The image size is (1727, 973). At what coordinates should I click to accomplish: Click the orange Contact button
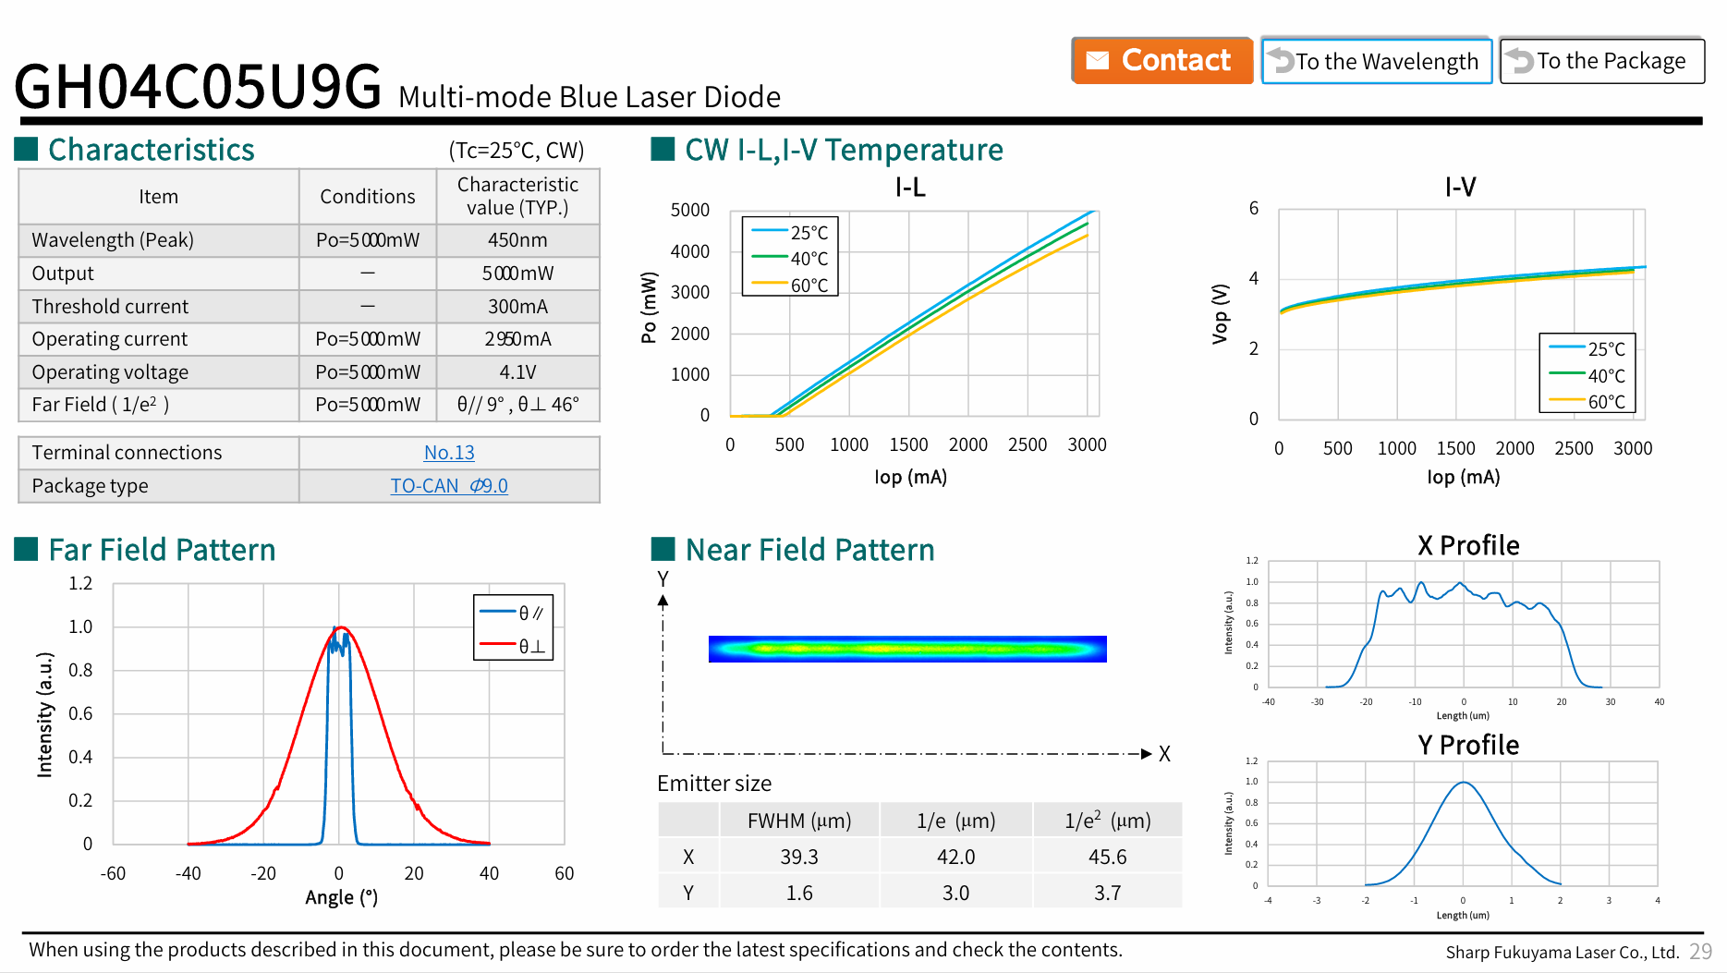coord(1161,61)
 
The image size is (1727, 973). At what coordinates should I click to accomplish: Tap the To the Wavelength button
coord(1376,61)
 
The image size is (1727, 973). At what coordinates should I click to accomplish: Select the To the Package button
coord(1601,61)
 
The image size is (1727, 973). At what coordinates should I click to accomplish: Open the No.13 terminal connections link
coord(449,453)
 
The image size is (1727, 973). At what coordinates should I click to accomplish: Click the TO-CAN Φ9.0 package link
coord(449,486)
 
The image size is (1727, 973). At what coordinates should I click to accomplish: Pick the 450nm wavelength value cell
coord(517,240)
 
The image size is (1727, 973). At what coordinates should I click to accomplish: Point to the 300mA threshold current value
coord(517,307)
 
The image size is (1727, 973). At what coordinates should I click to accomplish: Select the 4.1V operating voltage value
coord(517,372)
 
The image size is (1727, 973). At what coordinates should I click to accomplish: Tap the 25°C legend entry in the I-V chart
coord(1587,349)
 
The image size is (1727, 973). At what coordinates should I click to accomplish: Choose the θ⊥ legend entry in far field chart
coord(513,646)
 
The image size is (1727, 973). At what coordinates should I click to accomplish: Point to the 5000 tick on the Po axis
coord(690,211)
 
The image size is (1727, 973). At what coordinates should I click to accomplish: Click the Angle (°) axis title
coord(342,897)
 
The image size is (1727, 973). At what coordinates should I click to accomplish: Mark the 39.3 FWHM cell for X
coord(799,857)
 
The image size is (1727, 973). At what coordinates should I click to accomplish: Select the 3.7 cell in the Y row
coord(1107,894)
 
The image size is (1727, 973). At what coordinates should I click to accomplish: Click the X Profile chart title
coord(1468,545)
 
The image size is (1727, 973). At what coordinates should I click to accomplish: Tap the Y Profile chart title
coord(1468,745)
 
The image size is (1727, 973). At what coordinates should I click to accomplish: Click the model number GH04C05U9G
coord(198,87)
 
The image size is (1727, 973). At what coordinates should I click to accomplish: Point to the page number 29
coord(1700,952)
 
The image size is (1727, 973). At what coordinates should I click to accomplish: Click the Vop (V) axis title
coord(1220,314)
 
